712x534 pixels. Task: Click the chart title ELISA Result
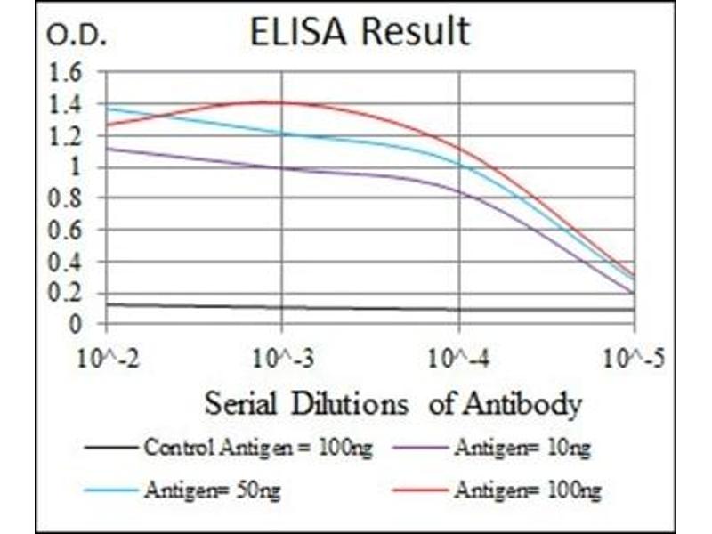click(x=360, y=33)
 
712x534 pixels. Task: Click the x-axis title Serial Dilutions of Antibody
click(x=392, y=404)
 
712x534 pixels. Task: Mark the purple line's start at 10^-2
click(x=107, y=148)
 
